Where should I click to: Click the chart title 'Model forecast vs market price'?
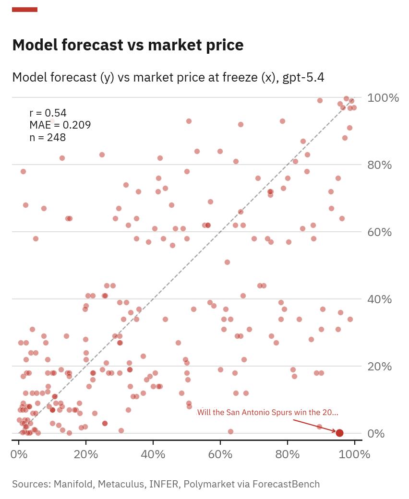(128, 45)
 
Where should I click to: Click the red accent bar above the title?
(24, 10)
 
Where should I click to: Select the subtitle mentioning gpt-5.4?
(168, 77)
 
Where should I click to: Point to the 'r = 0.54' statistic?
(48, 113)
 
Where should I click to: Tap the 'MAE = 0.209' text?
(60, 125)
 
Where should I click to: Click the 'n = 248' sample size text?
(48, 138)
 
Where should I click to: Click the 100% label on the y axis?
(383, 98)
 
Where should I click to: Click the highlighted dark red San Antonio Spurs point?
(339, 433)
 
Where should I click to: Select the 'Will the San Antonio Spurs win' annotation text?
(267, 413)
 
